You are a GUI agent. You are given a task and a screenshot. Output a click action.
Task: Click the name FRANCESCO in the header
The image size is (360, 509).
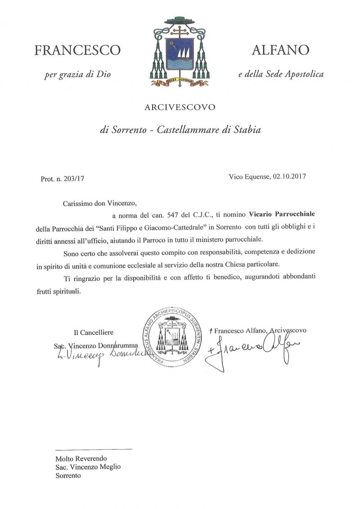77,50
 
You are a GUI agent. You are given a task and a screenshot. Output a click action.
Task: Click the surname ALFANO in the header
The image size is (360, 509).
280,50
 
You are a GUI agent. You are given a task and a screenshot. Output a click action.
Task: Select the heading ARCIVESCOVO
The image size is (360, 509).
180,107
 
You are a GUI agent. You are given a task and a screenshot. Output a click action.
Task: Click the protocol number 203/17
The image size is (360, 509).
74,179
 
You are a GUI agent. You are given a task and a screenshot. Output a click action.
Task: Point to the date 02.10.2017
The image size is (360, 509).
288,177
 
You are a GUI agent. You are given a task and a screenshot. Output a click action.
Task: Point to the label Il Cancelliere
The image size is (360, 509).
94,332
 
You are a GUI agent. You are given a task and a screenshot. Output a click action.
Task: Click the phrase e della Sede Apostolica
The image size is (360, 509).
281,74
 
